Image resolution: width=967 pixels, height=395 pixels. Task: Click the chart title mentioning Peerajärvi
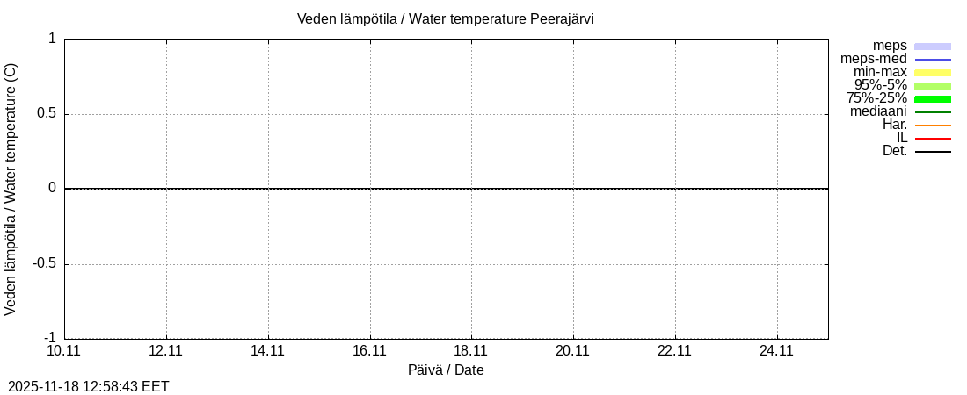tap(445, 18)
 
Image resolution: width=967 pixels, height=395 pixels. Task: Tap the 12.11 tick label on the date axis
tap(165, 350)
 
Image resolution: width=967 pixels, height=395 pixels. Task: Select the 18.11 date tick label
tap(471, 350)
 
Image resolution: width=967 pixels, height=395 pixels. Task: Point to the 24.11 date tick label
tap(776, 350)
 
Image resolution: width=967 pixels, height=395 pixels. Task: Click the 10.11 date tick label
tap(63, 350)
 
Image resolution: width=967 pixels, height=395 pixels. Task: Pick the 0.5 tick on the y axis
tap(45, 113)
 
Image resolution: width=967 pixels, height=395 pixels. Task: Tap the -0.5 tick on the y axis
tap(43, 263)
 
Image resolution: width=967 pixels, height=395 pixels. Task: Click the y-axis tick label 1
tap(52, 39)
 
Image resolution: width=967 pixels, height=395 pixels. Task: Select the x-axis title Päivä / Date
tap(446, 370)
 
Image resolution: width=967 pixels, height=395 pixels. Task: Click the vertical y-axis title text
tap(11, 189)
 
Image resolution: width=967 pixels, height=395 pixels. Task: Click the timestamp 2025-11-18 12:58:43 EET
tap(88, 386)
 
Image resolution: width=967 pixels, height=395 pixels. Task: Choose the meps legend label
tap(890, 46)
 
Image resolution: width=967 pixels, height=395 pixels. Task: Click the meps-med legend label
tap(874, 59)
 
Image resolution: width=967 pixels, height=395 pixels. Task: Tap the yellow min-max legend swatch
tap(933, 72)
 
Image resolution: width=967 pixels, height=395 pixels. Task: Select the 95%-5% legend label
tap(881, 85)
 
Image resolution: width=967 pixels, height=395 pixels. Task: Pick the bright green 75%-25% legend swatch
tap(933, 98)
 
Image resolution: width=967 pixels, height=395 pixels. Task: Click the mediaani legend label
tap(878, 111)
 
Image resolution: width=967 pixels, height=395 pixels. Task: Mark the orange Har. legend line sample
tap(933, 126)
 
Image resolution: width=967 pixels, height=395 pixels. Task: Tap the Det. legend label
tap(894, 151)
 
